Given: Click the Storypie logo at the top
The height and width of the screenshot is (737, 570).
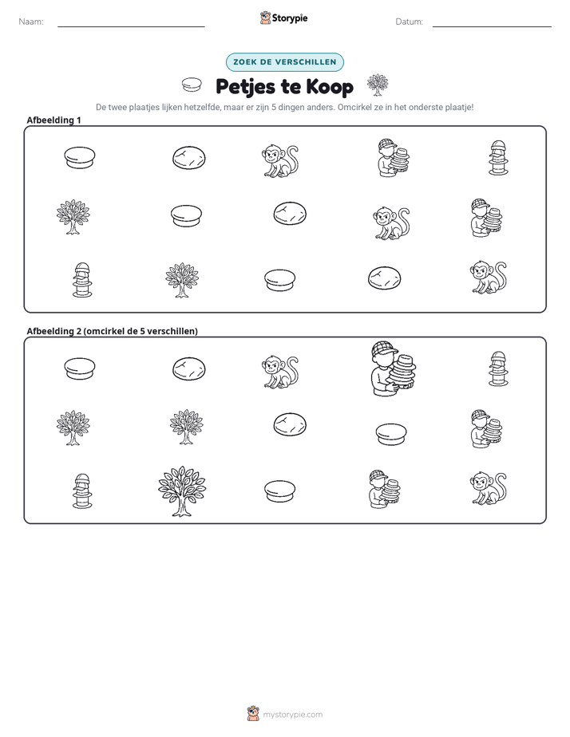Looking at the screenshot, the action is [x=283, y=18].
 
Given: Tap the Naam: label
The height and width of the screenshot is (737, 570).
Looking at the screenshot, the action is [x=31, y=22].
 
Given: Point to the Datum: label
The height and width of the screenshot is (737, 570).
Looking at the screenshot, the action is [x=409, y=22].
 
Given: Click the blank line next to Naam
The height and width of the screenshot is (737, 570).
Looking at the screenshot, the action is [x=131, y=27].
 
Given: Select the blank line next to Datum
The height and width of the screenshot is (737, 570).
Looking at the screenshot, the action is [x=492, y=27].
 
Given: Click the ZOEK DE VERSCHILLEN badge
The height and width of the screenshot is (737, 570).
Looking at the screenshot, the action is [x=285, y=62].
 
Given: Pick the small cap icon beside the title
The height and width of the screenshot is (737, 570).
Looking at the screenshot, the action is [x=192, y=85].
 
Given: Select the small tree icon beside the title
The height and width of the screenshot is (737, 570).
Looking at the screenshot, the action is [x=377, y=85].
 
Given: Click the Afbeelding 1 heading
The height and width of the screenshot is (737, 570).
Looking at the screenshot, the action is [x=53, y=120].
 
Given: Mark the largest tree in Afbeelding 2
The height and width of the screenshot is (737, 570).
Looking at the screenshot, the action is [x=182, y=491].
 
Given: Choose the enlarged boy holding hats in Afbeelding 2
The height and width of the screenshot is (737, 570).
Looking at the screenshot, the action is [x=393, y=368].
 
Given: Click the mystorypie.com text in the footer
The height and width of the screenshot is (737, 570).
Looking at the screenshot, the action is [x=292, y=715].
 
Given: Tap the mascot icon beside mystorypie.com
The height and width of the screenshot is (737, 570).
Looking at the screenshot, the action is [x=253, y=714].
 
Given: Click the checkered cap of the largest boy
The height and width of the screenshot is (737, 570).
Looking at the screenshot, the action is [x=384, y=349].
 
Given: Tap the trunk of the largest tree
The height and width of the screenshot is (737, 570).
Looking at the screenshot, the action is [x=181, y=507].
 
